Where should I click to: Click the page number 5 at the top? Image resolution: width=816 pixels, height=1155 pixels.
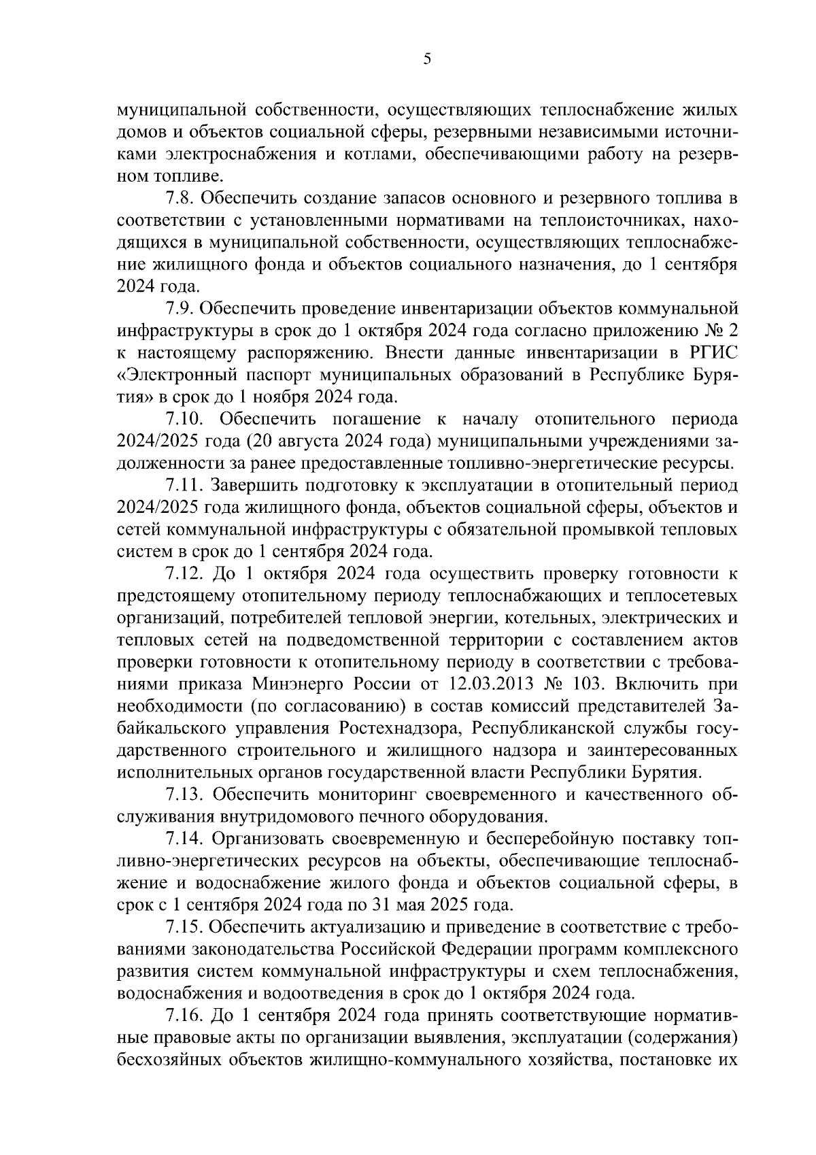pos(427,59)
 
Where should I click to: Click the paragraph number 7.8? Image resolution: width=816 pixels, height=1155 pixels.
pos(183,199)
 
